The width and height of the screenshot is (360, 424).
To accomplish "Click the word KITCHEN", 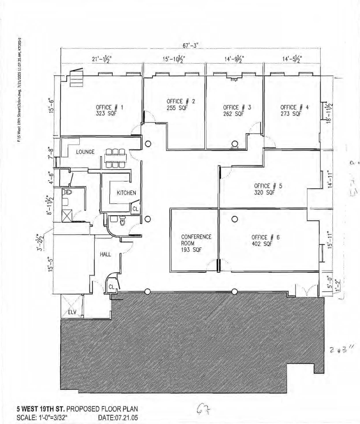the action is coord(126,193).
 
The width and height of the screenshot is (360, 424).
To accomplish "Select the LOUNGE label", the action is coord(85,152).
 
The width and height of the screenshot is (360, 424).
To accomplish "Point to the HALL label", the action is coord(106,254).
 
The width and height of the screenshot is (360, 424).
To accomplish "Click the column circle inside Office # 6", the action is coord(234,219).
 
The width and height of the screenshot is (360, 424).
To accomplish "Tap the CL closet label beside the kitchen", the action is coord(135,209).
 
